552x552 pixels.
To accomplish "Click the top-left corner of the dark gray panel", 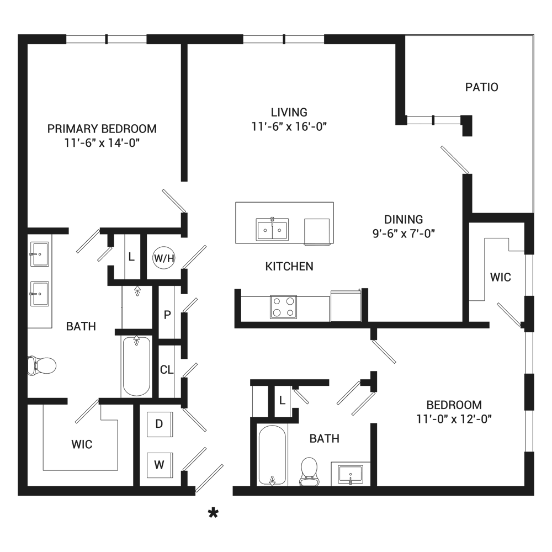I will [18, 34].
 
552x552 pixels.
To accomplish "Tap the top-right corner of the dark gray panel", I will [534, 34].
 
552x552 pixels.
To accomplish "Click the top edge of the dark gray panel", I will [276, 35].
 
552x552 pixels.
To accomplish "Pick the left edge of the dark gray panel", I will [18, 276].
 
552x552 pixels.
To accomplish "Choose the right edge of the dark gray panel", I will [533, 276].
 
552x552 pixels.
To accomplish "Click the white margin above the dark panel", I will [276, 17].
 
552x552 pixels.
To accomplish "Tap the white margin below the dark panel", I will [276, 535].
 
